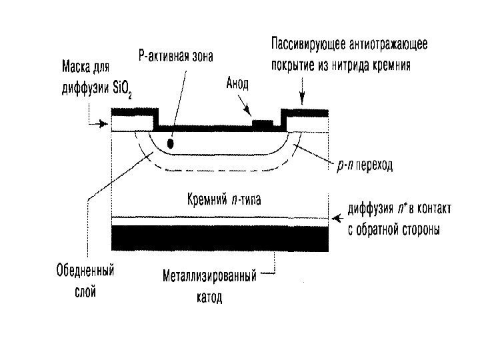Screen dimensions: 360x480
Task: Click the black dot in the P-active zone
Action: (171, 143)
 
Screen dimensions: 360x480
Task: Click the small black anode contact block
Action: (263, 125)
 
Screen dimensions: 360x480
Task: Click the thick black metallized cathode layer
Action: (221, 239)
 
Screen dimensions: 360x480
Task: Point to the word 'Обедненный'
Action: (84, 272)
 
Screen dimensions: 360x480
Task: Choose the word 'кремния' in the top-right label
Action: (393, 65)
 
